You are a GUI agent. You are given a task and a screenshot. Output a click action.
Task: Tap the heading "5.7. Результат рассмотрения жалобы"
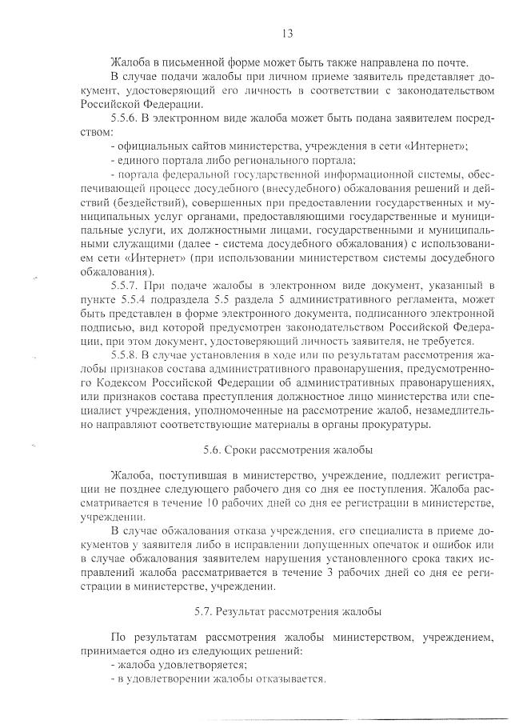(x=288, y=612)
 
